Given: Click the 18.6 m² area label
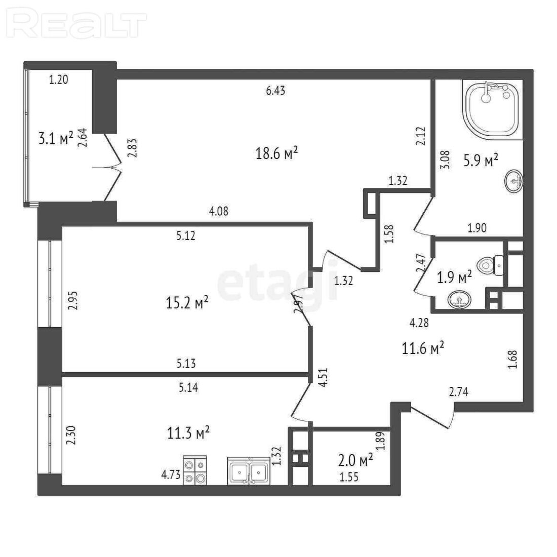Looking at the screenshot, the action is pos(276,153).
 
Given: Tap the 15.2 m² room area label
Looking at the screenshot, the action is pos(187,303).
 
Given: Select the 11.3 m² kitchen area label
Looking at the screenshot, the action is pos(188,433).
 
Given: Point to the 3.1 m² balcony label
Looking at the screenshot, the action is pos(56,138).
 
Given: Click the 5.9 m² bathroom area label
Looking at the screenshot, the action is pos(481,160).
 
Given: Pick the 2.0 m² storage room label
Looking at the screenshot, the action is pos(355,460).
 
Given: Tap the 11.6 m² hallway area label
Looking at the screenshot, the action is pos(423,348).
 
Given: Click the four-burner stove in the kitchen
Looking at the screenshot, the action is pos(194,470).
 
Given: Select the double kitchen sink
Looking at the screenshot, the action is pos(249,471).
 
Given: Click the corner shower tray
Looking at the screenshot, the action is pos(492,109).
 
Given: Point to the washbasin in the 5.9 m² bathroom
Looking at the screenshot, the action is pos(513,181).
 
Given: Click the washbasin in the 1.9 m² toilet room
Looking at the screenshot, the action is pos(460,300).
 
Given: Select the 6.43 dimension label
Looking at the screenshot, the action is pos(275,91).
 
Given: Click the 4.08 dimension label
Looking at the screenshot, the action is pos(218,211).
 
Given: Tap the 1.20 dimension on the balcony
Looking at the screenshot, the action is pos(58,79).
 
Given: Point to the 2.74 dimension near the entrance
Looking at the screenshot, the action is pos(459,392).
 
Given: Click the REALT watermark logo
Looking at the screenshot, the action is pos(76,24).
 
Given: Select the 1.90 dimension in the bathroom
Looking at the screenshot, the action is pos(476,228).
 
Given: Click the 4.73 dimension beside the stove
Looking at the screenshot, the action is pos(171,474).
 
